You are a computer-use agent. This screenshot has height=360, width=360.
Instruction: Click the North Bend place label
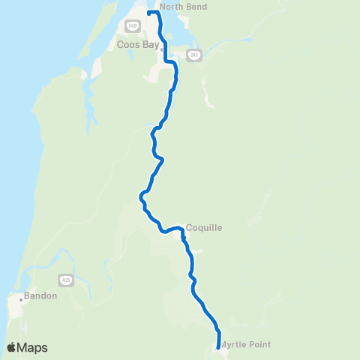click(x=183, y=7)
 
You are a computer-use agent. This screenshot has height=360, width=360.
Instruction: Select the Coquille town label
click(x=204, y=227)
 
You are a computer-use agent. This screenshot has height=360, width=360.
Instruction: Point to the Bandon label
click(x=40, y=295)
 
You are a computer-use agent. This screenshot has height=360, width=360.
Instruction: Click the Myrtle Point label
click(x=245, y=345)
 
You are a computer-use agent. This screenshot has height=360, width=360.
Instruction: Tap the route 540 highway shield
click(x=132, y=25)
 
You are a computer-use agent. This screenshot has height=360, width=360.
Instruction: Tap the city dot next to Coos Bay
click(x=160, y=46)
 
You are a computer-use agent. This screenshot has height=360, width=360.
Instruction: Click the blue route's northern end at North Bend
click(x=149, y=13)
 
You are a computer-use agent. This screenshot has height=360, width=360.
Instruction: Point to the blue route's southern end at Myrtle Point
click(x=217, y=346)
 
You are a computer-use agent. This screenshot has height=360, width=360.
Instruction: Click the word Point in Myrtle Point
click(x=259, y=345)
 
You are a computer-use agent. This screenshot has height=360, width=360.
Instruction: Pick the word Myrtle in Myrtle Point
click(x=233, y=345)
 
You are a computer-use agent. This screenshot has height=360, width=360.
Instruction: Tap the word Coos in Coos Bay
click(x=127, y=44)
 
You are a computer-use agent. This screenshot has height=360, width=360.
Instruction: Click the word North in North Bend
click(x=171, y=7)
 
